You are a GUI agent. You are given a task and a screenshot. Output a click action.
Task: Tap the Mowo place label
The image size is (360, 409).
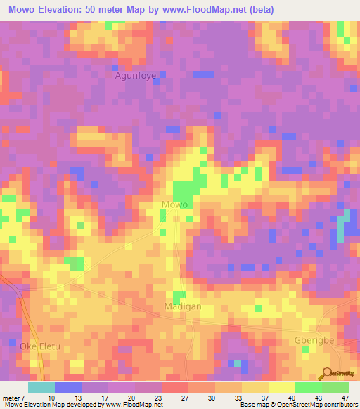point(174,204)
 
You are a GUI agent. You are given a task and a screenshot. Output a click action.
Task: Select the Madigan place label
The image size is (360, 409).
point(183,307)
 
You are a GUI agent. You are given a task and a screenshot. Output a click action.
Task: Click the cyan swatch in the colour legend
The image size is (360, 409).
point(41,387)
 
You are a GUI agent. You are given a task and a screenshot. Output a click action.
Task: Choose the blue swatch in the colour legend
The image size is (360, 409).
point(68,387)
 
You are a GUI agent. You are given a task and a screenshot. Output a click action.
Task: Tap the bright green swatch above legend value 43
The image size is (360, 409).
point(308,387)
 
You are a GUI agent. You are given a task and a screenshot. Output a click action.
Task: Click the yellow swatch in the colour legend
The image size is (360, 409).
point(281,387)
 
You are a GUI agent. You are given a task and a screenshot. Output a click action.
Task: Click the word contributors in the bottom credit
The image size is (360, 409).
point(340,405)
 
